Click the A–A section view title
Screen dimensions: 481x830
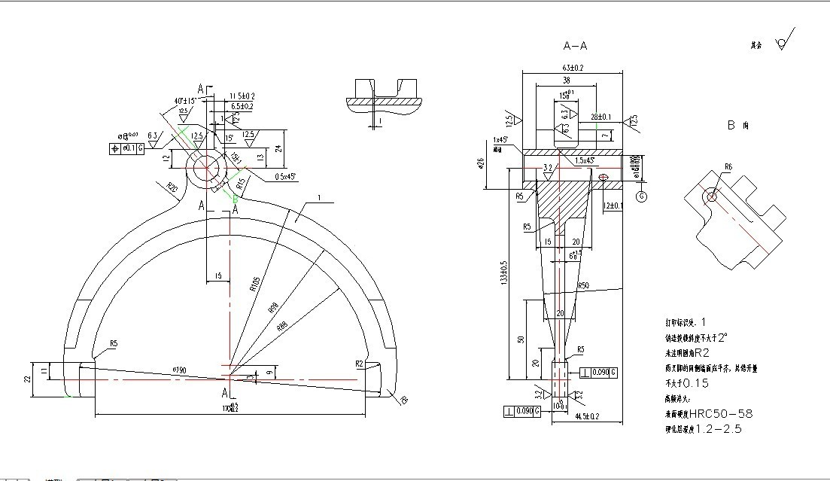tap(575, 46)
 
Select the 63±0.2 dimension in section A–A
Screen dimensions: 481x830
tap(572, 67)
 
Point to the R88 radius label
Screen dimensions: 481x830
tap(281, 326)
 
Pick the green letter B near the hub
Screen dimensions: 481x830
tap(236, 199)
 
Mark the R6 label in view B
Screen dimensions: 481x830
tap(728, 167)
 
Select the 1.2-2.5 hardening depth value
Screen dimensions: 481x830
tap(718, 429)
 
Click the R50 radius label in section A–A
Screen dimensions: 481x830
tap(582, 286)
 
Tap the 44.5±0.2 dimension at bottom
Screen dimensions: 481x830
tap(587, 416)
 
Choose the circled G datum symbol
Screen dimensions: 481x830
tap(642, 196)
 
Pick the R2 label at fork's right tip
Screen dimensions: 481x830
tap(360, 363)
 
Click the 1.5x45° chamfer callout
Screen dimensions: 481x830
tap(585, 160)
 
